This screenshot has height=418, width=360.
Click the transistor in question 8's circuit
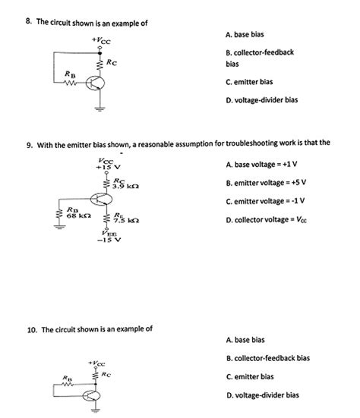[98, 83]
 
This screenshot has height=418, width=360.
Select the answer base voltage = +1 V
[263, 165]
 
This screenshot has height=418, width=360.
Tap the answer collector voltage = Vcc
[266, 221]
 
